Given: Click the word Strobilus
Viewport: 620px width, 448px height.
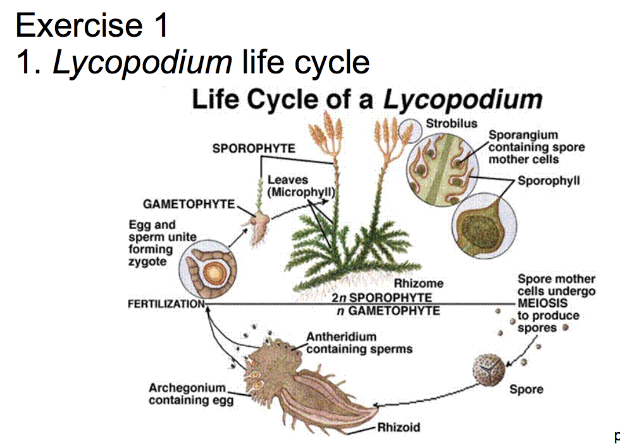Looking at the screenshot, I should tap(451, 123).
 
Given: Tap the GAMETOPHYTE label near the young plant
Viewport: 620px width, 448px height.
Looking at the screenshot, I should tap(189, 204).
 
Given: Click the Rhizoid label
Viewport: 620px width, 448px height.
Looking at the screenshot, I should tap(399, 427).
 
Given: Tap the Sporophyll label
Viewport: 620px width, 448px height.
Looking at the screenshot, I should tap(549, 180).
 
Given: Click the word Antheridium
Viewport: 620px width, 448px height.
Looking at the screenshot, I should tap(342, 337).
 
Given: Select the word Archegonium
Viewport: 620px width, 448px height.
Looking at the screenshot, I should tap(187, 387).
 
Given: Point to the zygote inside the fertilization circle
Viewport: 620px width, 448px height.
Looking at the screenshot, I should tap(215, 274).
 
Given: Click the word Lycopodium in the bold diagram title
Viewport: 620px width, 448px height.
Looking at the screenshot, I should tap(464, 99).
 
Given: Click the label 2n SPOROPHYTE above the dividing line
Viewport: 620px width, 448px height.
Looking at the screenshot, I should tap(381, 297).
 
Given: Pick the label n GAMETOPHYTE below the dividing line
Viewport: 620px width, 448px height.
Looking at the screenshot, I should tap(388, 311).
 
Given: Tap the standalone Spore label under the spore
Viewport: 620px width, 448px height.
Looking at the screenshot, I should tap(526, 389).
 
